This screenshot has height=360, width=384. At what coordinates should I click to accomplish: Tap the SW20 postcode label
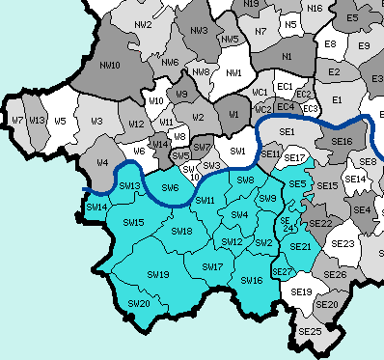point(139,303)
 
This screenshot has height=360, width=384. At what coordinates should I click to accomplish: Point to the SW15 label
point(132,223)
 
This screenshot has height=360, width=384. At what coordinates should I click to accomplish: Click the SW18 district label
point(181,232)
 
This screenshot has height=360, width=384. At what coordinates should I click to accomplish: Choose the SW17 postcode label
point(212,266)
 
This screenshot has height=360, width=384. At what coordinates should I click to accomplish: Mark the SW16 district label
point(252,280)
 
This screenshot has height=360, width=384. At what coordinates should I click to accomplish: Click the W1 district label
point(233,114)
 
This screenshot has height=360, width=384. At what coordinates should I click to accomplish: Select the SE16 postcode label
point(342,142)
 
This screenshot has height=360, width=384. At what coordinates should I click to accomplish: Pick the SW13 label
point(129,185)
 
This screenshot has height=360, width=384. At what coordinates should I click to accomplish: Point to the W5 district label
point(60,121)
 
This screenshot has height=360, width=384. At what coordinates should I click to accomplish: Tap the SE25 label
point(311,331)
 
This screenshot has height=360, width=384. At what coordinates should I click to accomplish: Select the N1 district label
point(287,58)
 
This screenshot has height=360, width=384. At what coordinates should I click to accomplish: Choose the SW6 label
point(170,186)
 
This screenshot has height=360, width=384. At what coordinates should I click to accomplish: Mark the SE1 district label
point(287,131)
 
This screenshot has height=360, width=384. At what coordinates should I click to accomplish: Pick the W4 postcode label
point(101,162)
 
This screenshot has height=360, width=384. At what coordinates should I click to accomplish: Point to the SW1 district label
point(238,152)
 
